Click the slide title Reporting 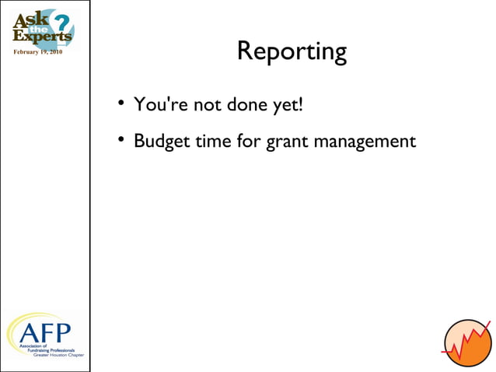(292, 51)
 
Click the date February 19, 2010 (38, 52)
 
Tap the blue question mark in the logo (63, 21)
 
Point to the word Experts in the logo (42, 36)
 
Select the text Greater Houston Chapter (58, 354)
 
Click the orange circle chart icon (468, 343)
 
